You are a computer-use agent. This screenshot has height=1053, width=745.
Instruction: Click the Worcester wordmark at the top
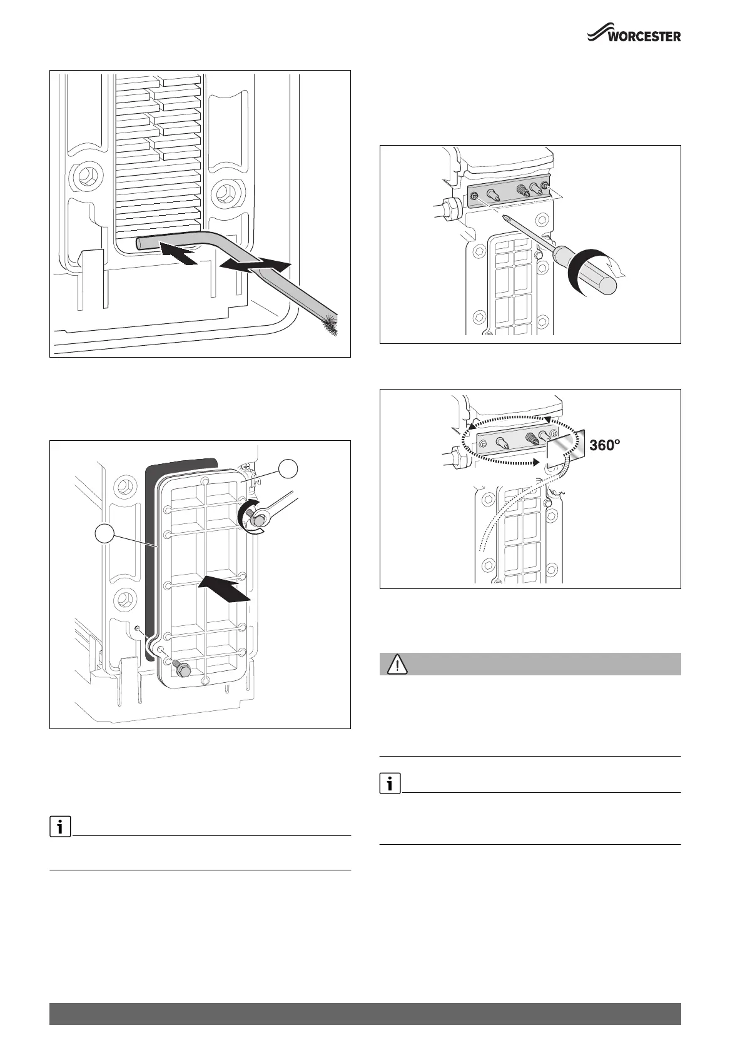(x=644, y=36)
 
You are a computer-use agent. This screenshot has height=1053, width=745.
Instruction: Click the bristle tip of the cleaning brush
(x=330, y=325)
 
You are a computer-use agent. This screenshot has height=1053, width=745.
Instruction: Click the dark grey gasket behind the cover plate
(x=151, y=563)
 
